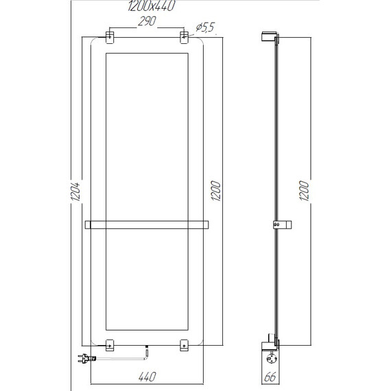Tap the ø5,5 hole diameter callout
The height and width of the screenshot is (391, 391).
tap(206, 27)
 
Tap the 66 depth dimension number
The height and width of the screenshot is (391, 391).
tap(270, 377)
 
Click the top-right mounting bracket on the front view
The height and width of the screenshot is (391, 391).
tap(184, 37)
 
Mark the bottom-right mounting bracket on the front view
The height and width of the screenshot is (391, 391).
tap(184, 346)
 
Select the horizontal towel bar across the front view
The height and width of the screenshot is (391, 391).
tap(147, 224)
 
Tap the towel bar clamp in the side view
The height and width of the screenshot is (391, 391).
tap(278, 224)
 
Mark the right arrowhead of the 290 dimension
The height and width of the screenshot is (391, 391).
tap(182, 27)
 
